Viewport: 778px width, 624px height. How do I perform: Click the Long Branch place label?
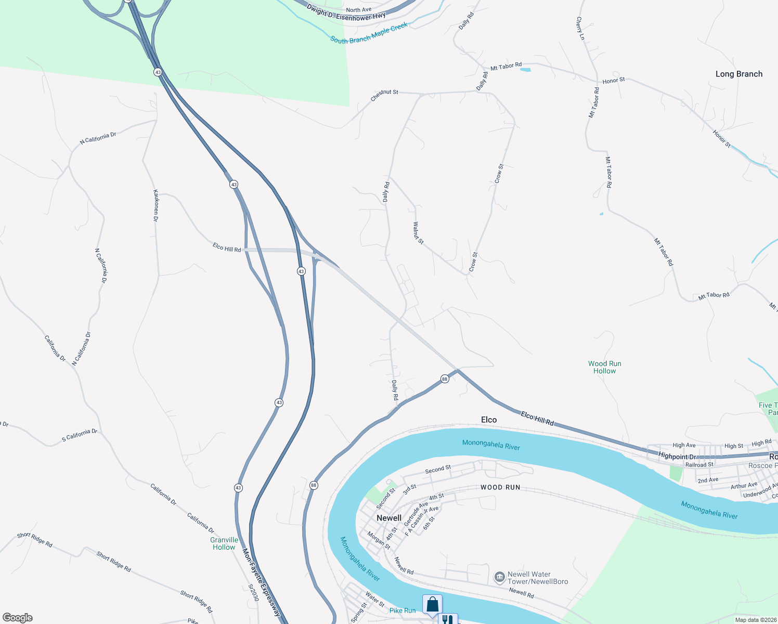(738, 74)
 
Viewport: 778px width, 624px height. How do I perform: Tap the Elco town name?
(488, 420)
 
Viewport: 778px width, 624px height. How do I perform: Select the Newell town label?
(388, 518)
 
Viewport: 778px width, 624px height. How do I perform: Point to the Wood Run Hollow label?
(604, 367)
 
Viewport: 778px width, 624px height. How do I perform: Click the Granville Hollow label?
(224, 543)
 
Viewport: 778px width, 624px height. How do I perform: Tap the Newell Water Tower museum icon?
(499, 577)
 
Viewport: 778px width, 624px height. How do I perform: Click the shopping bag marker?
(432, 605)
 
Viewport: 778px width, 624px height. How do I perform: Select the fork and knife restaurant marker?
(447, 619)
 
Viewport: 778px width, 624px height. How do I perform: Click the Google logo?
(17, 618)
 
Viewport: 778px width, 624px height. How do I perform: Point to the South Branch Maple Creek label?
(369, 33)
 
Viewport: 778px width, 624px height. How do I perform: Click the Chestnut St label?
(384, 95)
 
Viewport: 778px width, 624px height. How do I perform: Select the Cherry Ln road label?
(580, 28)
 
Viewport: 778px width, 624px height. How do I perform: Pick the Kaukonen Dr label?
(155, 205)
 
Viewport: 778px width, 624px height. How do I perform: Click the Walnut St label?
(418, 233)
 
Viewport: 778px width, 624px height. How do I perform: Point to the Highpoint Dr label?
(677, 456)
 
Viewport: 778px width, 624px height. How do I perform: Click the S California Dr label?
(80, 435)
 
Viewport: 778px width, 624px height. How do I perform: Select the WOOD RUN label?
(500, 487)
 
